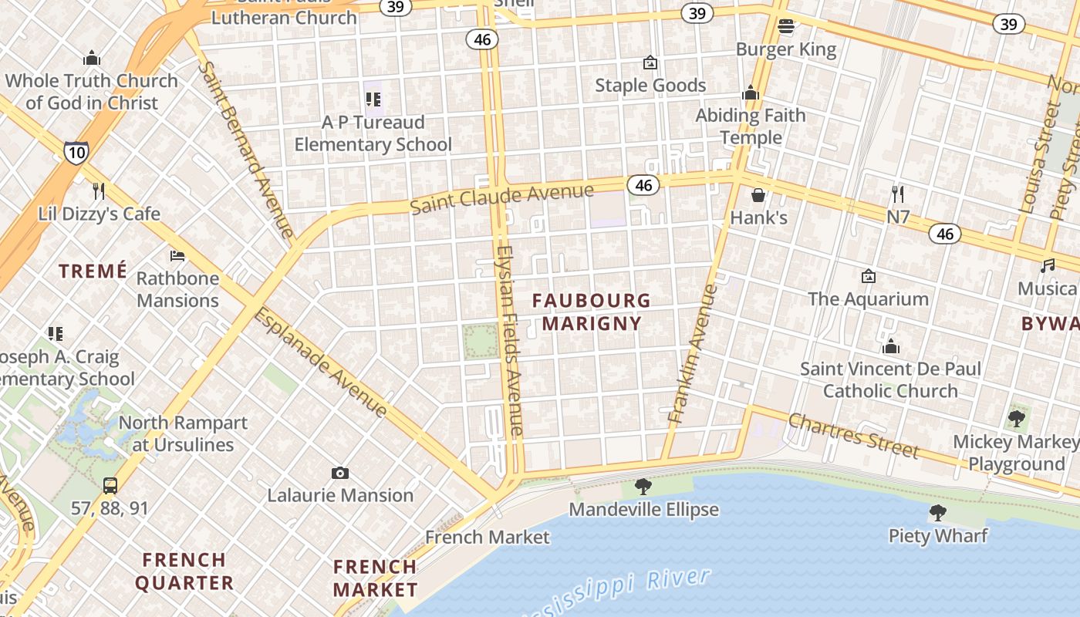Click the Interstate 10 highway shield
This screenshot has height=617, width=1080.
[x=76, y=152]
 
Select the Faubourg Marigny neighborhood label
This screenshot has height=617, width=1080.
[x=592, y=312]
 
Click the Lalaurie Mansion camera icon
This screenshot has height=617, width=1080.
[x=339, y=473]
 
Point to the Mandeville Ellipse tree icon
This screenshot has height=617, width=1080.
[x=643, y=487]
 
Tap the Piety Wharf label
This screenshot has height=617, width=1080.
[x=938, y=535]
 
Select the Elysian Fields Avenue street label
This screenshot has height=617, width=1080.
[x=510, y=339]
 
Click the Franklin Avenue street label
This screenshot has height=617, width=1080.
[x=692, y=353]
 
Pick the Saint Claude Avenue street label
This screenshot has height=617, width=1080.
[x=501, y=198]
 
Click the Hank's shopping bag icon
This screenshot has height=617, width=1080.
[x=758, y=195]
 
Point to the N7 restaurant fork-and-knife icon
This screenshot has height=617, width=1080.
[x=897, y=194]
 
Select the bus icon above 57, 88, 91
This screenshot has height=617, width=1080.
[x=110, y=486]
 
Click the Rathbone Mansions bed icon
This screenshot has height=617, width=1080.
[x=177, y=255]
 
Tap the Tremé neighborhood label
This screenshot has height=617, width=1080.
[x=93, y=271]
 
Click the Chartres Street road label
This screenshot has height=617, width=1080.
[x=853, y=434]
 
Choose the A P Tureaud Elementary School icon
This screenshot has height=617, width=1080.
[x=373, y=99]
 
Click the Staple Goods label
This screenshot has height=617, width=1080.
[x=650, y=85]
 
